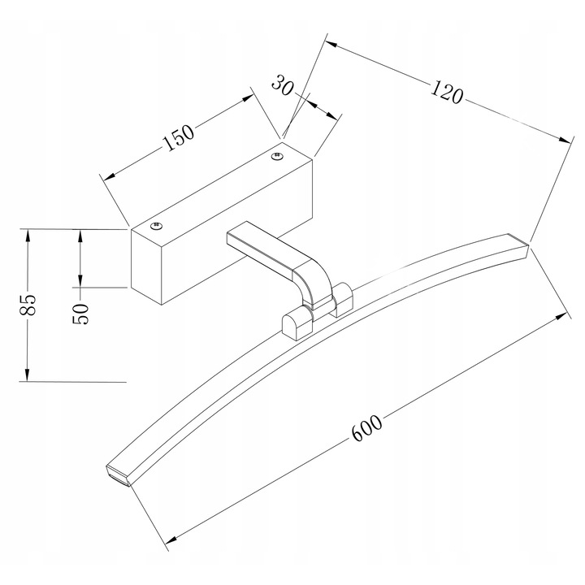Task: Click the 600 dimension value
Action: tap(367, 427)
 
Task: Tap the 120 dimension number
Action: tap(447, 92)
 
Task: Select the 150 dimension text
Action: tap(179, 137)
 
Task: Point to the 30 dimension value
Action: tap(283, 85)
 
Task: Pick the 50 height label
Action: tap(81, 314)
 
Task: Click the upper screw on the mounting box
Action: tap(277, 155)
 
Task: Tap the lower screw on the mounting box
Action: tap(157, 226)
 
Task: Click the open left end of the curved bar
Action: tap(119, 476)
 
